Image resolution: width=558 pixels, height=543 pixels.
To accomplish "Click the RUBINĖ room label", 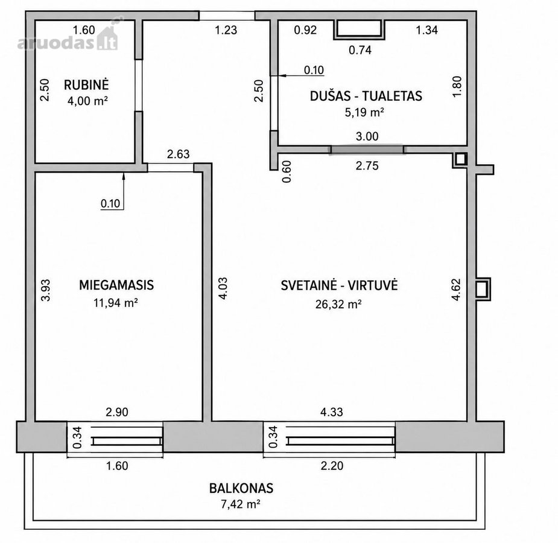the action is click(x=86, y=84).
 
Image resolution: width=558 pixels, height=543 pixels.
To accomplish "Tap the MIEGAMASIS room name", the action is click(x=116, y=285).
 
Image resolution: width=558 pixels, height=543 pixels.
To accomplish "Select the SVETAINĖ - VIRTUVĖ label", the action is click(x=339, y=285).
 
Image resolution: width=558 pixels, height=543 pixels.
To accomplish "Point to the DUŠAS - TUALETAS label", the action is click(x=366, y=96).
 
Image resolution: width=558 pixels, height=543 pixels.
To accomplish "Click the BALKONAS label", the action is click(x=241, y=488).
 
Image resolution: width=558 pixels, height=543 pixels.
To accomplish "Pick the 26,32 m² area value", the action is click(x=338, y=304).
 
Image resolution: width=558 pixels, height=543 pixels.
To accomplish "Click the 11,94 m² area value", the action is click(x=116, y=303).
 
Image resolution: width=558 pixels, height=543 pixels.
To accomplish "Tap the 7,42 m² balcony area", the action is click(x=241, y=504).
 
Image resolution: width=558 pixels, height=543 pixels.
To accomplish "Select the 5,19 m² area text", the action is click(x=364, y=112).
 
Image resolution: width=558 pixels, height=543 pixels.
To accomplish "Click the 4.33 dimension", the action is click(x=332, y=412).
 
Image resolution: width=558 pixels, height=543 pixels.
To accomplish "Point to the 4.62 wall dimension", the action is click(x=456, y=290).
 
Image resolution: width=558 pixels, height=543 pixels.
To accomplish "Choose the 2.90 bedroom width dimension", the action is click(x=116, y=412).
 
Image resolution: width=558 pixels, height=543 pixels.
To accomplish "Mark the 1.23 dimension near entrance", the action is click(x=226, y=30).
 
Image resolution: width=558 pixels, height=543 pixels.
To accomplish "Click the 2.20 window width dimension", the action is click(x=332, y=466).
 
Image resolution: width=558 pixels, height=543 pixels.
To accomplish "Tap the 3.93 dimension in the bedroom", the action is click(x=46, y=290).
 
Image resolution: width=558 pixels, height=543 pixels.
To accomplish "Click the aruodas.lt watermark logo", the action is click(x=68, y=39).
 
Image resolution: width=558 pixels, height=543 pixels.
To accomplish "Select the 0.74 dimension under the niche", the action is click(x=360, y=50).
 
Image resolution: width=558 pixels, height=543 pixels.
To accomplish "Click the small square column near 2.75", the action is click(x=460, y=159).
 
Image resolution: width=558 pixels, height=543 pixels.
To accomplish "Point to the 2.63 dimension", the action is click(x=179, y=154).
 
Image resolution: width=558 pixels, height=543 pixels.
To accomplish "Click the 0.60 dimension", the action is click(x=287, y=171).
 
